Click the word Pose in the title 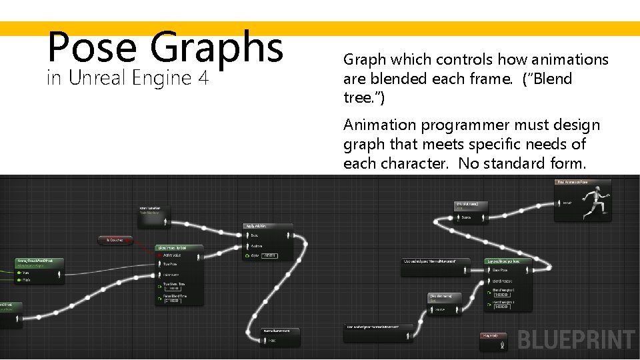click(x=91, y=46)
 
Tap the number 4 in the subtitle click(x=203, y=78)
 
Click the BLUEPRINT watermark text click(x=576, y=339)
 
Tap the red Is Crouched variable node click(x=115, y=239)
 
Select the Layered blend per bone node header click(x=510, y=261)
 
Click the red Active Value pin click(x=161, y=255)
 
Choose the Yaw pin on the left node click(x=21, y=272)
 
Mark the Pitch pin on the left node click(x=21, y=280)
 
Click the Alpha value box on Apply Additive click(x=269, y=255)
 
